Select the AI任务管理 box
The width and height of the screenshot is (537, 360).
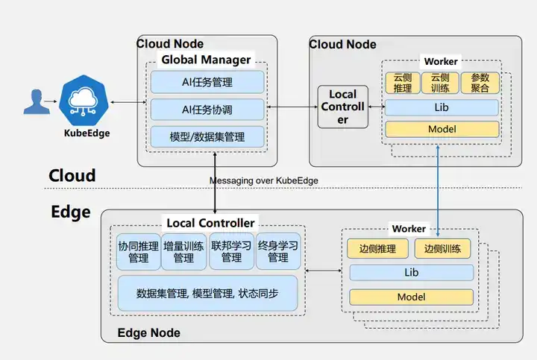pos(207,81)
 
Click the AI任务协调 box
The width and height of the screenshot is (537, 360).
pos(207,109)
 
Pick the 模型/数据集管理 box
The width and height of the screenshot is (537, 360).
pos(207,136)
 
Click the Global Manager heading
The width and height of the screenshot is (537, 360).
pos(207,60)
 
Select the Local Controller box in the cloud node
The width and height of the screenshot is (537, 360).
pos(343,107)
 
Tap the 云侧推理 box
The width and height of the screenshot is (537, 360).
pos(403,83)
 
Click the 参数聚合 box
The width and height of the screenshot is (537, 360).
pos(480,83)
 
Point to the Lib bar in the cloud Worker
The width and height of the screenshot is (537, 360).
pos(442,107)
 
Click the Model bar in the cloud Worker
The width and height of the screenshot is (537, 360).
pos(442,129)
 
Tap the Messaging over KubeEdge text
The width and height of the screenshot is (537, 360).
pos(264,180)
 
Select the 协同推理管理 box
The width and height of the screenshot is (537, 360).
pos(138,251)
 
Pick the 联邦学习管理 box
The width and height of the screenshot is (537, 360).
pos(231,251)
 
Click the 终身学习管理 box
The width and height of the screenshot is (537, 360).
pos(277,251)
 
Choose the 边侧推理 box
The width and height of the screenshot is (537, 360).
pos(377,249)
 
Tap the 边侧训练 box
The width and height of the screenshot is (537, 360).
pos(443,249)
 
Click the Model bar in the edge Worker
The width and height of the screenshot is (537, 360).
pos(411,297)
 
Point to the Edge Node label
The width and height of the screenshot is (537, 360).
pos(149,332)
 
